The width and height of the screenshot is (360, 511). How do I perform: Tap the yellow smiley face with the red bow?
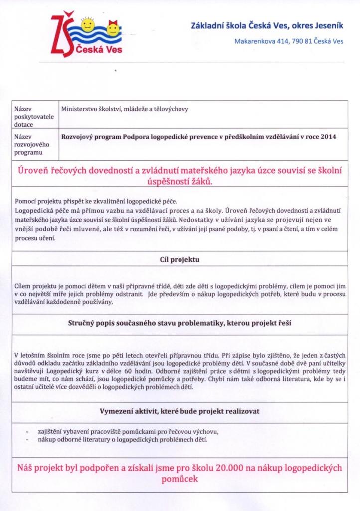pos(113,29)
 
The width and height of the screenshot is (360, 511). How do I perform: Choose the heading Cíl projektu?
pos(180,259)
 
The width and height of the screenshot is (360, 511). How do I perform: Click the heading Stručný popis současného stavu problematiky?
pos(180,323)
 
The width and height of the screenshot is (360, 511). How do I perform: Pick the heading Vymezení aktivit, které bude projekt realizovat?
pos(180,411)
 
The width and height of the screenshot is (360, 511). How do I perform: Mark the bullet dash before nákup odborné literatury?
pos(26,439)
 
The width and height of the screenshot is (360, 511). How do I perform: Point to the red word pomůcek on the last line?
pos(180,479)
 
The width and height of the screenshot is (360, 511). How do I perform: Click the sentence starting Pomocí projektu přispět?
pos(96,201)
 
